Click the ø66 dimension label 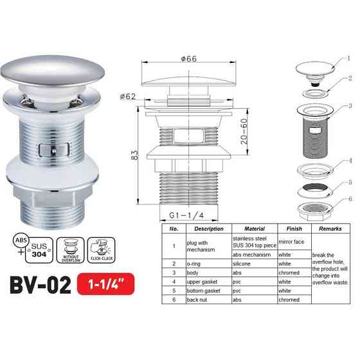click(x=188, y=59)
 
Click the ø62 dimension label click(x=129, y=97)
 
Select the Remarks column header click(x=330, y=229)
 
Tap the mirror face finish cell click(x=293, y=241)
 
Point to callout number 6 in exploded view click(x=349, y=199)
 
